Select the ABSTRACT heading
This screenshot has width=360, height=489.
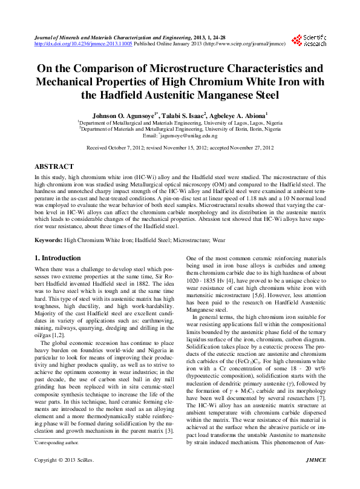tap(54, 166)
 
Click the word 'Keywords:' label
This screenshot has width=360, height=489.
tap(48, 240)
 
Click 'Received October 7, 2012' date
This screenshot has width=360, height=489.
tap(122, 148)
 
